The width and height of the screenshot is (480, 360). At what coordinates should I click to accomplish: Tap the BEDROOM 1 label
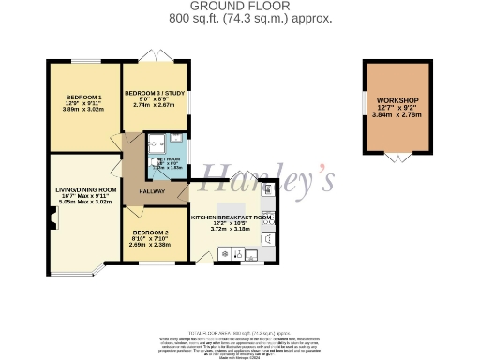(x=84, y=97)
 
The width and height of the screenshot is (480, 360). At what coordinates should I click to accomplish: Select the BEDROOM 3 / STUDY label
(x=155, y=93)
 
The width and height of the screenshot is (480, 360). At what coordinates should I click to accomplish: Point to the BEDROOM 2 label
(x=150, y=232)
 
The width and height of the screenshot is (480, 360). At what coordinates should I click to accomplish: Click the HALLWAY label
(x=153, y=191)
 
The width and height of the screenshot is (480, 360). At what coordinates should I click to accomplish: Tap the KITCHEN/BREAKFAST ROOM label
(x=232, y=217)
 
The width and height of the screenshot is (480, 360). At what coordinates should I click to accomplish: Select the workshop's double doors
(x=397, y=156)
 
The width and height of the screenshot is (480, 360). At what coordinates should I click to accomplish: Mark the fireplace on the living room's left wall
(x=53, y=223)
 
